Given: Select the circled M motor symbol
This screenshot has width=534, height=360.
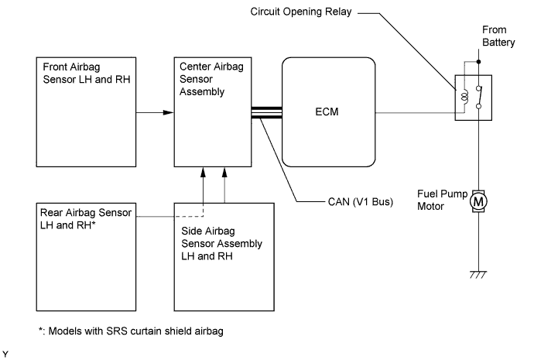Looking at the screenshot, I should coord(479,201).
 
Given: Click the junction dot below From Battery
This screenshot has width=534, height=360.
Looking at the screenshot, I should coord(479,61).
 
